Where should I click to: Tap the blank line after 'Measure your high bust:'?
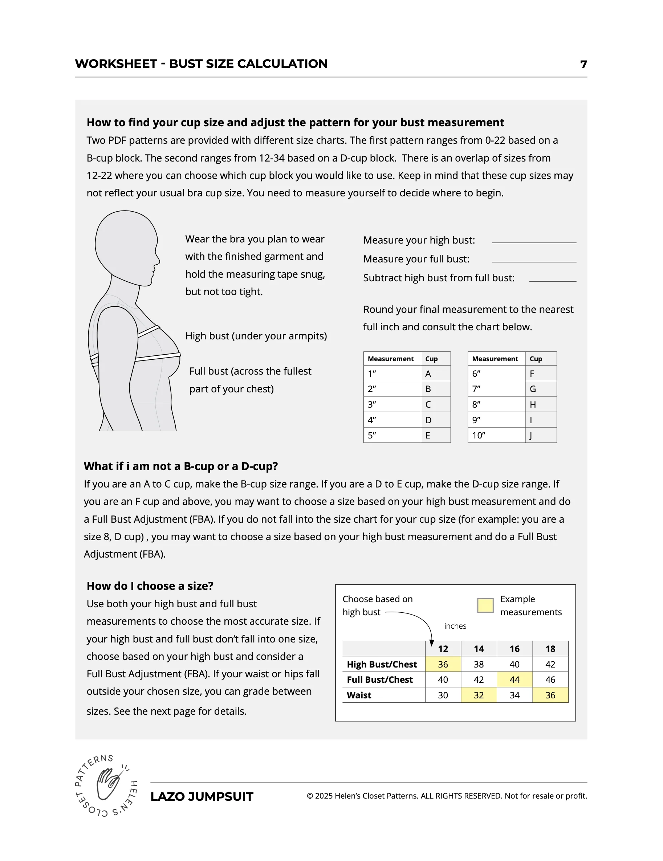tap(534, 242)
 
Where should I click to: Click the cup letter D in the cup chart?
tap(428, 420)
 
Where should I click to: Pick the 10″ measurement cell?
tap(479, 436)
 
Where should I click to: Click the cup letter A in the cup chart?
tap(428, 374)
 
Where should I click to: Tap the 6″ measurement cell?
tap(476, 374)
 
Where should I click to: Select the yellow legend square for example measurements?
tap(485, 605)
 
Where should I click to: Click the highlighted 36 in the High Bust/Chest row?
tap(443, 664)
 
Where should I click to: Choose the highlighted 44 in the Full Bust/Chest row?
tap(514, 680)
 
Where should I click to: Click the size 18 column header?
tap(550, 649)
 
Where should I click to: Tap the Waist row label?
tap(359, 695)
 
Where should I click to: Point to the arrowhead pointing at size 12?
tap(431, 643)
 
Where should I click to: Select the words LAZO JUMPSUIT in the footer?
tap(202, 796)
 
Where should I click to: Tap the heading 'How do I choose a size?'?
tap(150, 586)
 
